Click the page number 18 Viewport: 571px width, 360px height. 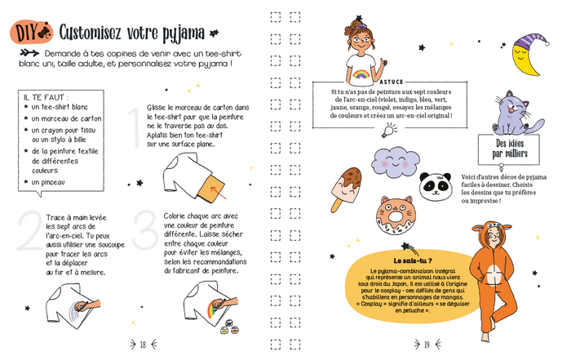(142, 344)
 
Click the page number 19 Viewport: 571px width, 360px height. (427, 344)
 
